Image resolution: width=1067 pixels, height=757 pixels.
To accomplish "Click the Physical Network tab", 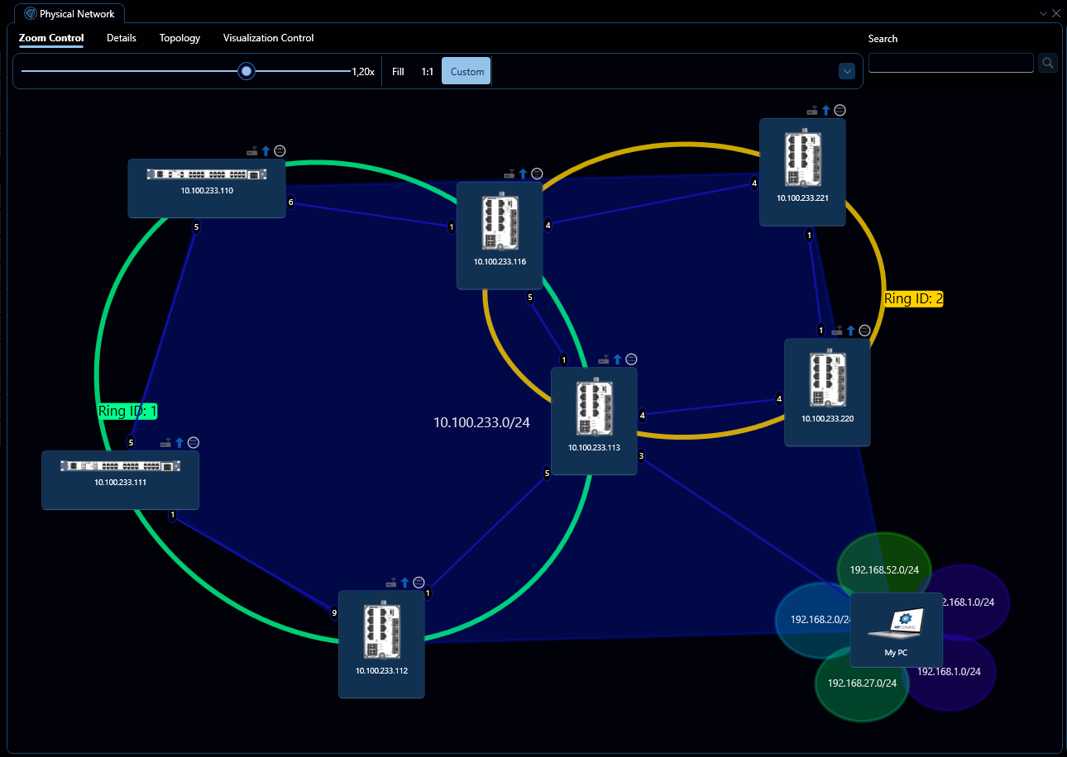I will [69, 13].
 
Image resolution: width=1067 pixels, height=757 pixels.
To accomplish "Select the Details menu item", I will [122, 38].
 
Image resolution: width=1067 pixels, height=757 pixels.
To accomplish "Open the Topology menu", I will [179, 38].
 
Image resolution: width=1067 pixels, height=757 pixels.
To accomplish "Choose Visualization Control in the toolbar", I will [268, 38].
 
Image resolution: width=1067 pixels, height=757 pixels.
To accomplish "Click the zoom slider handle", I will [246, 71].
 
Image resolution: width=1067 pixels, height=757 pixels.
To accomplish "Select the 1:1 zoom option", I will [428, 72].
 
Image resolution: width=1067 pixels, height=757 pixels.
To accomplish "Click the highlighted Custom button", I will [467, 72].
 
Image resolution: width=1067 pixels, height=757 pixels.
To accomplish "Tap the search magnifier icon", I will [1047, 63].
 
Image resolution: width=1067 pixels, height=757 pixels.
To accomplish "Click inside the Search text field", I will [950, 63].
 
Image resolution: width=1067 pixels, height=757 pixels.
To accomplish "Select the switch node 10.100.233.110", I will [207, 188].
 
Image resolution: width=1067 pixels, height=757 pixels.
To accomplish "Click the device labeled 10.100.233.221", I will [802, 171].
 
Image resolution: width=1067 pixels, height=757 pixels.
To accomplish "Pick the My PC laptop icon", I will [896, 624].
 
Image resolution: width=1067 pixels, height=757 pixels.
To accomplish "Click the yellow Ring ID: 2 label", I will [913, 299].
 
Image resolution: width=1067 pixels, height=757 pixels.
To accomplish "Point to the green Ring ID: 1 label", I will [127, 411].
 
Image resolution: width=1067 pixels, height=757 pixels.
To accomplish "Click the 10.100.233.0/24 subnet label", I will [481, 422].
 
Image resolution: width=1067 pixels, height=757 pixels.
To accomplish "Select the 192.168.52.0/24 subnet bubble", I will [883, 562].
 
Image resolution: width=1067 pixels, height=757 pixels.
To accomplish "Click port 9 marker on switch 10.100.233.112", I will [334, 613].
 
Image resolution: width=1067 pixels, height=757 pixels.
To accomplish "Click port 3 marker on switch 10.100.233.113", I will [641, 455].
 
